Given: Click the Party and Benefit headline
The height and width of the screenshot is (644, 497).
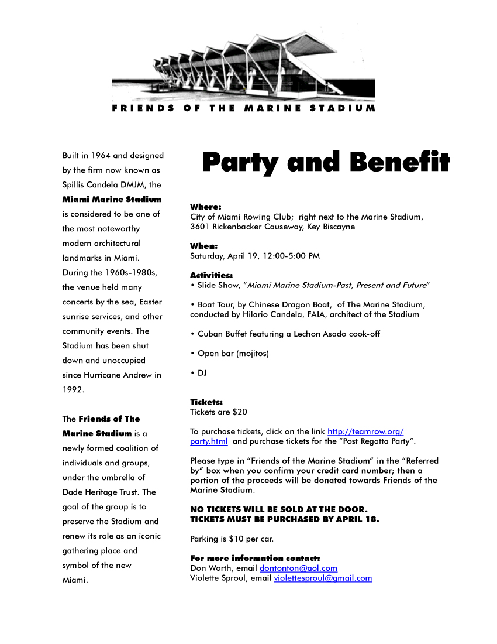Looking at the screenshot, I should click(x=326, y=163).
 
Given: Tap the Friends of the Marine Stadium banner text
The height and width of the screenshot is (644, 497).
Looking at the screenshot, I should click(x=244, y=108).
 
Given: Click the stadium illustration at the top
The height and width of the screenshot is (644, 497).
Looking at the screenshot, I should click(x=244, y=64).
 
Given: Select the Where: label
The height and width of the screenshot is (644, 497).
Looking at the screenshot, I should click(x=205, y=207).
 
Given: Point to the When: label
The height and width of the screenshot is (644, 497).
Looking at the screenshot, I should click(x=203, y=246).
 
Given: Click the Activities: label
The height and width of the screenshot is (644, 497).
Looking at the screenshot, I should click(x=211, y=275).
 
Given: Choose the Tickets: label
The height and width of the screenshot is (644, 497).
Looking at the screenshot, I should click(x=206, y=402).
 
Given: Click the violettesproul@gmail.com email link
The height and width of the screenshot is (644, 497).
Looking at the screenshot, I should click(x=323, y=578).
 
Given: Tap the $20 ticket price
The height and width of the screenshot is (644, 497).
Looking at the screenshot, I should click(x=240, y=412).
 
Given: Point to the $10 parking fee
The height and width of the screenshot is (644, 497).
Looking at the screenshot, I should click(x=236, y=539).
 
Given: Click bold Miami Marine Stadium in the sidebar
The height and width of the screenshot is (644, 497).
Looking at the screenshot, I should click(x=112, y=200).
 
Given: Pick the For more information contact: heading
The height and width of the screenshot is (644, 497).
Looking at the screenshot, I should click(x=255, y=559).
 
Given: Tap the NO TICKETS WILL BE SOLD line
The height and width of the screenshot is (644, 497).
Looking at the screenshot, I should click(x=279, y=509).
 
